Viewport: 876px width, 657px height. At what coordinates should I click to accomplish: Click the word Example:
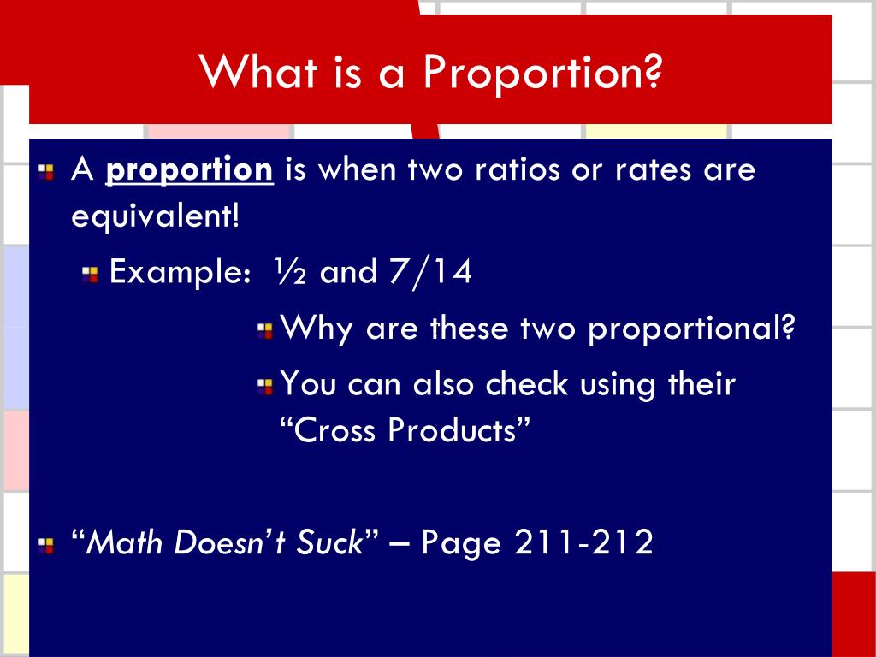coord(181,274)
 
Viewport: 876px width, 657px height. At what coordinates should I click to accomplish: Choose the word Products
coord(453,429)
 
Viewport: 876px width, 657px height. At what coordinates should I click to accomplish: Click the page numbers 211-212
coord(584,542)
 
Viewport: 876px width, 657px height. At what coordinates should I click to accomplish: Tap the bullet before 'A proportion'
coord(48,171)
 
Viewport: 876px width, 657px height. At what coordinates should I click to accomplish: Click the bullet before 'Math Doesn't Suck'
coord(48,543)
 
